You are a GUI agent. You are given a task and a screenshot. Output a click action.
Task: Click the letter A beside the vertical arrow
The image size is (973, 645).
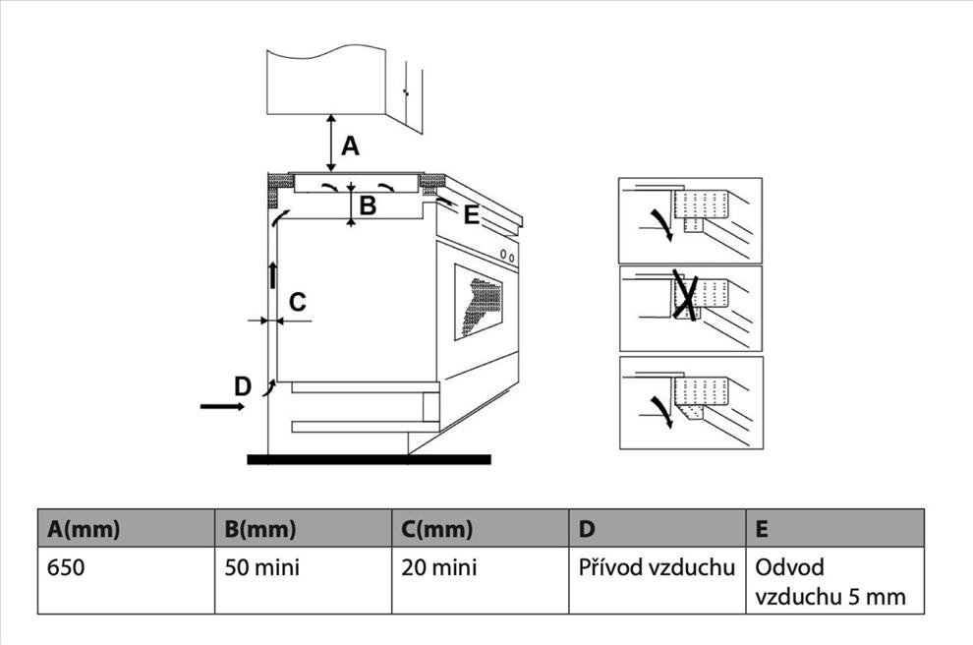350,147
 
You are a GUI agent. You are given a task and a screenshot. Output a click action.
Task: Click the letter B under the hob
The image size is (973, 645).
368,205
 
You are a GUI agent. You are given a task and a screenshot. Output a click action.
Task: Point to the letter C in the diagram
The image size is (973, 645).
298,300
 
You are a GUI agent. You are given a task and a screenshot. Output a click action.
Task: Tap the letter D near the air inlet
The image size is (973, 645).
243,386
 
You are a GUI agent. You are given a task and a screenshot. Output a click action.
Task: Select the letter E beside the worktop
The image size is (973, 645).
471,215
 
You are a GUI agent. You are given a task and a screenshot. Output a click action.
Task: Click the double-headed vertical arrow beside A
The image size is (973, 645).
331,144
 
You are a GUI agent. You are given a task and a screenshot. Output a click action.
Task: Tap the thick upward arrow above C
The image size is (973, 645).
273,274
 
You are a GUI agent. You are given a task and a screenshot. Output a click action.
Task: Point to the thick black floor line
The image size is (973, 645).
368,459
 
